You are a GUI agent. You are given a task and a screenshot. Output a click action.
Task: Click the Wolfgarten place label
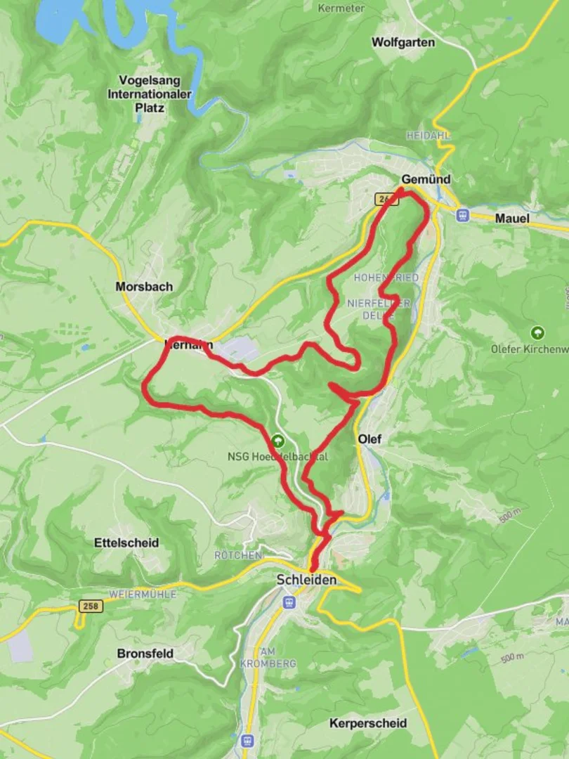[403, 42]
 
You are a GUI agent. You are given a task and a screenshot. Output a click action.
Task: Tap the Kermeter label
[341, 8]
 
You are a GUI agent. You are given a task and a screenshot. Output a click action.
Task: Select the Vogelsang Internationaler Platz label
[150, 94]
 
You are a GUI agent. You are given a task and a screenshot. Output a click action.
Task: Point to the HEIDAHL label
[428, 135]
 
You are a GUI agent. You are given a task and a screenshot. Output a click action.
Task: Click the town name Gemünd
[426, 179]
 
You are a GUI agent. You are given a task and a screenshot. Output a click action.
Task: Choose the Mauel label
[512, 219]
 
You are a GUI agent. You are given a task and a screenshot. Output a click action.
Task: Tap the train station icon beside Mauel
[462, 215]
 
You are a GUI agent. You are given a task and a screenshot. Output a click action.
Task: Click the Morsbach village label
[144, 287]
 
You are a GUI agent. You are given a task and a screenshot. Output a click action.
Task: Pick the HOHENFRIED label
[386, 278]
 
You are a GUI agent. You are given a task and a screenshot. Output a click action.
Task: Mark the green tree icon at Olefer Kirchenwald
[538, 333]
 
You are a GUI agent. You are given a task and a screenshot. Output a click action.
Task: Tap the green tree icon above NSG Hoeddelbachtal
[278, 442]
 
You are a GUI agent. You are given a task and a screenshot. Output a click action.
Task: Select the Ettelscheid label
[126, 543]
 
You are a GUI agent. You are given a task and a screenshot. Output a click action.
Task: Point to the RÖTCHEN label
[238, 555]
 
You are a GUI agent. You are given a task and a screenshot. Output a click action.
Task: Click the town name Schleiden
[307, 580]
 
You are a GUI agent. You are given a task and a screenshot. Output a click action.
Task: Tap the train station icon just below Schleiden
[288, 602]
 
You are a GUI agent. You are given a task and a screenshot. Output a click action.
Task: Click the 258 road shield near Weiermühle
[92, 606]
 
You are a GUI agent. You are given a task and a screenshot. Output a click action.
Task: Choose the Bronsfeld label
[145, 654]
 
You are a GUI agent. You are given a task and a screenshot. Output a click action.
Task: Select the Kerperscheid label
[367, 723]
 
